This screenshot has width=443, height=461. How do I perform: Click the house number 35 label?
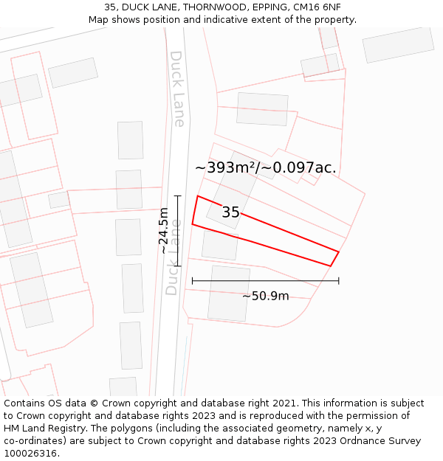[230, 212]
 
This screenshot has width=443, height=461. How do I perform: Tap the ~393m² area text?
[224, 168]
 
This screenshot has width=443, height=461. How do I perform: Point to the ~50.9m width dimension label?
[265, 297]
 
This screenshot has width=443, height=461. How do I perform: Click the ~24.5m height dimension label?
[164, 231]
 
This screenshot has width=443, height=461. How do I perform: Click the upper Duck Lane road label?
[177, 89]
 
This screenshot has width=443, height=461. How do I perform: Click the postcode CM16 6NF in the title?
[317, 7]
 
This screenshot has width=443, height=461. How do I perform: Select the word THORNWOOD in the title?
[213, 7]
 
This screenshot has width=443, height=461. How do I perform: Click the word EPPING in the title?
[269, 7]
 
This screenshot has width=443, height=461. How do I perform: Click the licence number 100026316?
[31, 454]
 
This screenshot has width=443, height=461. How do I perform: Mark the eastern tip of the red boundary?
[338, 252]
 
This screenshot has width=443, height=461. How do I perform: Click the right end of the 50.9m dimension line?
[339, 281]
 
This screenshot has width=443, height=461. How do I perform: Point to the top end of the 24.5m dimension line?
[178, 195]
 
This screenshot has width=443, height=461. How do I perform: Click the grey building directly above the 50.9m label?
[229, 294]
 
